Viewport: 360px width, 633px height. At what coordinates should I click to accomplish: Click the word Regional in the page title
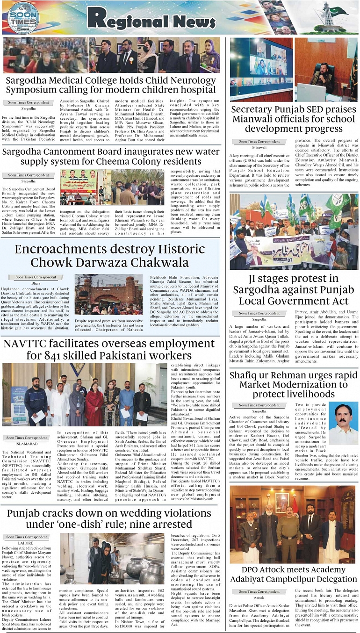[x=128, y=19]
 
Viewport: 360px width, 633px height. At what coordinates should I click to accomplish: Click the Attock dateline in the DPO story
[x=258, y=597]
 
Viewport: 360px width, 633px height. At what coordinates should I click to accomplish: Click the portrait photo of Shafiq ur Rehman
[x=344, y=424]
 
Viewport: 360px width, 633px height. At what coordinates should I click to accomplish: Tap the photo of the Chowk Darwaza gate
[x=101, y=294]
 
